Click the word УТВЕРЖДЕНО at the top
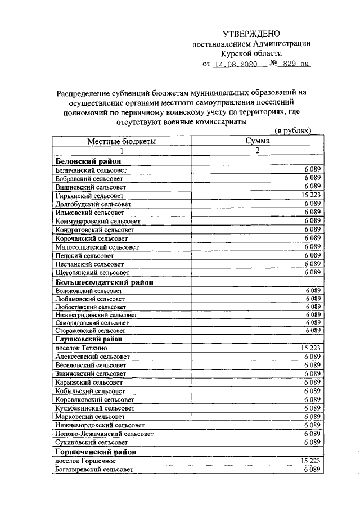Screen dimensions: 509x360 pyautogui.click(x=251, y=34)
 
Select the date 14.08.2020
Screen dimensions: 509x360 pyautogui.click(x=236, y=64)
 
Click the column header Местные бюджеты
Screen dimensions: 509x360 pyautogui.click(x=121, y=142)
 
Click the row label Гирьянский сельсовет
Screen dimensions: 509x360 pyautogui.click(x=89, y=195)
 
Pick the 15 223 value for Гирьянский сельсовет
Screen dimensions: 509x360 pyautogui.click(x=310, y=195)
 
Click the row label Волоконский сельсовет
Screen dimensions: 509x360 pyautogui.click(x=89, y=291)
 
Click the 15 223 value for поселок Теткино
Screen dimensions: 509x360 pyautogui.click(x=310, y=348)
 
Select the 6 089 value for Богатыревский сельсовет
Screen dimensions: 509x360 pyautogui.click(x=312, y=469)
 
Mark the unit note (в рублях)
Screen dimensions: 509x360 pyautogui.click(x=292, y=130)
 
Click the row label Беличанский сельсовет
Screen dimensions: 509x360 pyautogui.click(x=92, y=169)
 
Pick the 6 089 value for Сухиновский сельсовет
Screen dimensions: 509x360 pyautogui.click(x=312, y=442)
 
